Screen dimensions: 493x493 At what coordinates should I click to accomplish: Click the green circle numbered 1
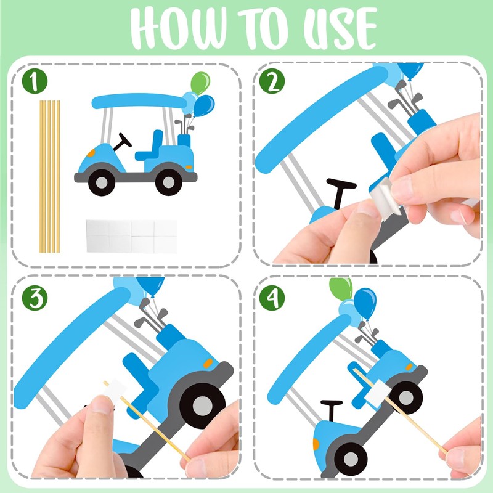(35, 81)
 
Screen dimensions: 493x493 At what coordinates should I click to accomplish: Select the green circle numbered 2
(272, 81)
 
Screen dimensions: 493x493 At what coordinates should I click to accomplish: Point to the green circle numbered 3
(35, 298)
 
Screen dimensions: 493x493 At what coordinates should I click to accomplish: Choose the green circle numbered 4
(272, 298)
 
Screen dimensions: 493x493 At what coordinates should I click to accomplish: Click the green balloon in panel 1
(200, 83)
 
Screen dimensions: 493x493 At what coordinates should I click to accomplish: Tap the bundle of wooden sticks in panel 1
(50, 176)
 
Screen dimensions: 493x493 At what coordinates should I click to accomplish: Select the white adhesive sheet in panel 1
(132, 236)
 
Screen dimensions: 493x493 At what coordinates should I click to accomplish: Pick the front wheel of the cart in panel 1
(102, 182)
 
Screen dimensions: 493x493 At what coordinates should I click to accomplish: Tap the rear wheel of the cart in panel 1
(169, 182)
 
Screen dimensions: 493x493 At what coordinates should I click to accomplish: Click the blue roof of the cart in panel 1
(139, 101)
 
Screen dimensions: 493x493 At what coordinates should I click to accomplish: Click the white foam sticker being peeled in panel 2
(386, 197)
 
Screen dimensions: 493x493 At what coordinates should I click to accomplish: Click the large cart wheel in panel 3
(203, 405)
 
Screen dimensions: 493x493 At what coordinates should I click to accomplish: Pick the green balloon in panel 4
(341, 288)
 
